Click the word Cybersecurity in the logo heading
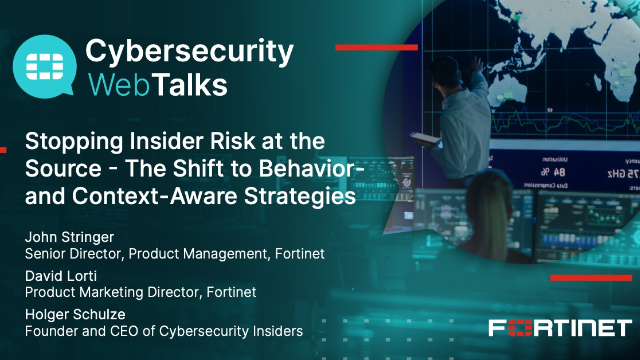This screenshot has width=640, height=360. [189, 51]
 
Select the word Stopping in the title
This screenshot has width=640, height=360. [71, 140]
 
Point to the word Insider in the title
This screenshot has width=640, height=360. [162, 140]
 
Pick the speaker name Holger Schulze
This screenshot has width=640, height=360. [69, 313]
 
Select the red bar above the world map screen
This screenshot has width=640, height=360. [369, 47]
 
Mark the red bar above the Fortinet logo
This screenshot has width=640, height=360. [591, 277]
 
